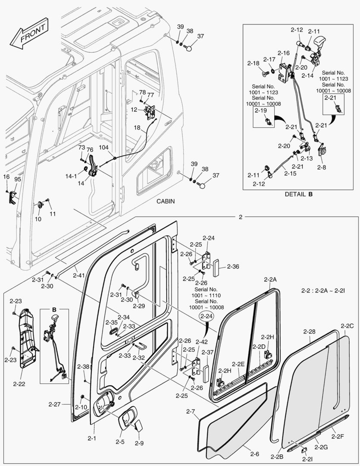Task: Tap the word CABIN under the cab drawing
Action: point(166,202)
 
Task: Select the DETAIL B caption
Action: point(298,194)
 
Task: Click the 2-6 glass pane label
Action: point(254,453)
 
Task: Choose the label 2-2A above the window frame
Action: point(270,279)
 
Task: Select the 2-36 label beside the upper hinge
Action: point(232,266)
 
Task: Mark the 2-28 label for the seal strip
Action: point(309,331)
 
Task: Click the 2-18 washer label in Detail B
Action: point(254,63)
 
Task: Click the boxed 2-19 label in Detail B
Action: point(261,111)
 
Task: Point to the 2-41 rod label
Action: point(79,275)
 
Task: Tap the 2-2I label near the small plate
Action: point(307,460)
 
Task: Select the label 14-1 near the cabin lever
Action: point(71,176)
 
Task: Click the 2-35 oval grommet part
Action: point(113,331)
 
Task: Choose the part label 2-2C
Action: point(347,326)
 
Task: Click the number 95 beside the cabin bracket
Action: point(18,179)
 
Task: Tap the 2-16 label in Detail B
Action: point(283,53)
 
